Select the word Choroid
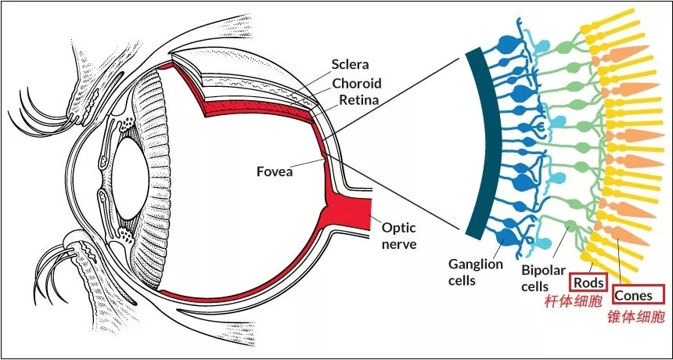click(x=357, y=83)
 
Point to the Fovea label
click(x=274, y=171)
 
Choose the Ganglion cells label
click(x=475, y=271)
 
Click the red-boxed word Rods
click(x=588, y=282)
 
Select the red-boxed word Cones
click(x=636, y=296)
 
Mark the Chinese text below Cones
click(x=636, y=317)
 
